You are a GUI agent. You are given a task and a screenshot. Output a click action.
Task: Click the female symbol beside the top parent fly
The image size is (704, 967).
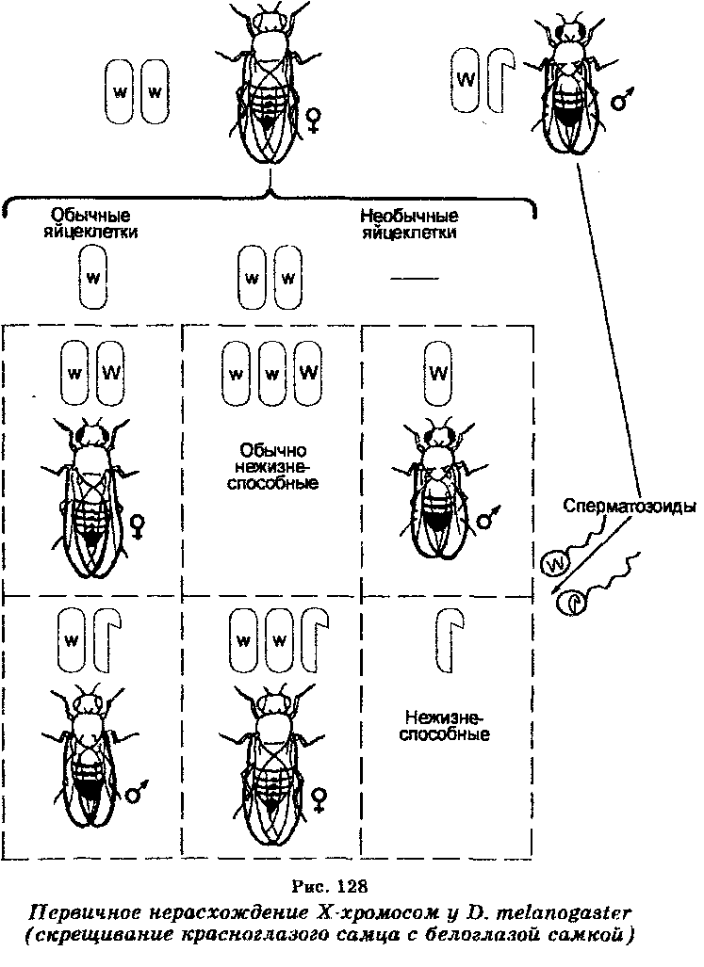[x=314, y=120]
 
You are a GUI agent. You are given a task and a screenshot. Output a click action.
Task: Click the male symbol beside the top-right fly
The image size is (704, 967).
[x=622, y=99]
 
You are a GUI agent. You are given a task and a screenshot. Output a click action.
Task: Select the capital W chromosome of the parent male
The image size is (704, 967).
[x=466, y=81]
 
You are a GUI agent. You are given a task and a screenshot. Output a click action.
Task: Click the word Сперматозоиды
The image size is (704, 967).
[x=630, y=507]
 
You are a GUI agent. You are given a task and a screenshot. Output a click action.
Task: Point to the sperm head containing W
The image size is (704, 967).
[x=555, y=562]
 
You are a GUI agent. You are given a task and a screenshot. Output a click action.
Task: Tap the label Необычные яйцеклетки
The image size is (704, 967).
[x=410, y=224]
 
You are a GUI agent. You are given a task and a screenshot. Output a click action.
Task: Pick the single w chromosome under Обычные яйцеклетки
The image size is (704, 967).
[x=93, y=277]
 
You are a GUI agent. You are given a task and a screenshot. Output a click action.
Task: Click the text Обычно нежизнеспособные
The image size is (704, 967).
[x=272, y=466]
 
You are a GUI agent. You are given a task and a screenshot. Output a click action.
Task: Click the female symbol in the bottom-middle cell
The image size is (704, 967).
[x=319, y=799]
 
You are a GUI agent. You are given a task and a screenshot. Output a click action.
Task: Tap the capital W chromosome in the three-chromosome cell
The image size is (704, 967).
[x=308, y=373]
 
